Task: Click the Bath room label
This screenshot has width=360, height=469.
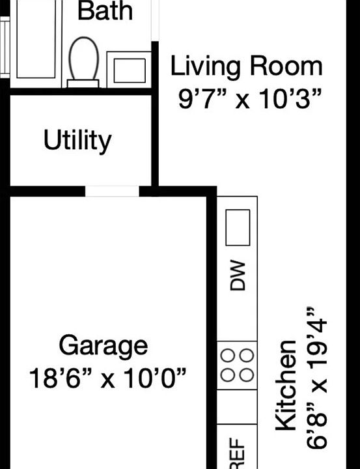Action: [x=105, y=10]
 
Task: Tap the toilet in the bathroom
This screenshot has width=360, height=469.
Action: [x=83, y=59]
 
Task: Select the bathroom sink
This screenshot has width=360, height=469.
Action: [x=129, y=69]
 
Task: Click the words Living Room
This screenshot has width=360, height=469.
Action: [x=246, y=66]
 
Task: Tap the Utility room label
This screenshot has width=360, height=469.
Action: [x=77, y=141]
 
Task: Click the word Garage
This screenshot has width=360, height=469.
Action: [x=103, y=346]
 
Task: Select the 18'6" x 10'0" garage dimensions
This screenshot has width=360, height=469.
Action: [x=108, y=377]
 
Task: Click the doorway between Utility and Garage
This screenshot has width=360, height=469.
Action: [x=112, y=191]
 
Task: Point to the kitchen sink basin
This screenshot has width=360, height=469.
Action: [x=238, y=227]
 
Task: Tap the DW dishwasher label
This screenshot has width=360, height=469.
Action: [x=238, y=276]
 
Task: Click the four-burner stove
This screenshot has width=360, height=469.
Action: [x=237, y=365]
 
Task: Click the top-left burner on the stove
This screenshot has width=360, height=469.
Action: [x=228, y=356]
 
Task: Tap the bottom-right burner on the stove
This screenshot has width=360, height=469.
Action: [x=246, y=375]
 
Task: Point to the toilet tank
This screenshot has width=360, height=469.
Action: [x=83, y=83]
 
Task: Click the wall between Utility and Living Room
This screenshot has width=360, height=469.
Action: [x=155, y=140]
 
